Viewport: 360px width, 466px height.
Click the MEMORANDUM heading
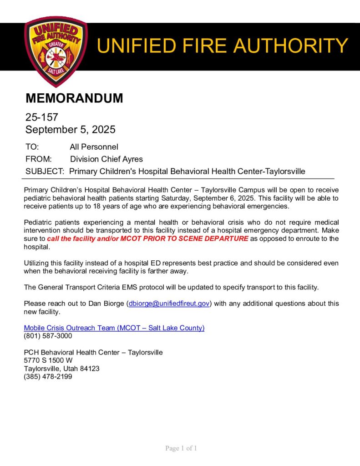coord(74,98)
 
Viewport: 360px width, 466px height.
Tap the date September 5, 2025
coord(70,130)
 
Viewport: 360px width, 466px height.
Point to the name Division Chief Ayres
coord(106,159)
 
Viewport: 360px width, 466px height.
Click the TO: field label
coord(32,147)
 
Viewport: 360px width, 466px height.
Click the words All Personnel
coord(94,147)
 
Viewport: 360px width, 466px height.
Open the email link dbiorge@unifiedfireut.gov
coord(169,304)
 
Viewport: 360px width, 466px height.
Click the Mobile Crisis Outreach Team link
coord(114,328)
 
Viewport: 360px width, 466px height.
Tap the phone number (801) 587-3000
coord(48,336)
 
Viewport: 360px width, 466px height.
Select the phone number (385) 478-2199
coord(48,376)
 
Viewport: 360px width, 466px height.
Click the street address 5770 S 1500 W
coord(48,360)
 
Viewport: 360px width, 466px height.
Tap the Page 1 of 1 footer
coord(181,449)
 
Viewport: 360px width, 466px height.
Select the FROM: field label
coord(39,159)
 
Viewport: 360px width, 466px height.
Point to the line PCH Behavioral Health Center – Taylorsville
coord(93,352)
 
